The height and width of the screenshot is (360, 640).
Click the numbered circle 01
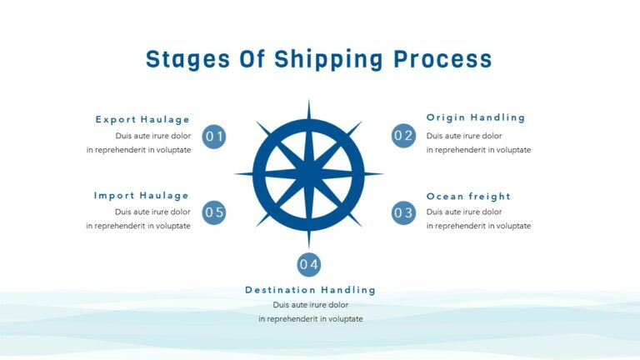tap(214, 137)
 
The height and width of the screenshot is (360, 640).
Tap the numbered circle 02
tap(403, 136)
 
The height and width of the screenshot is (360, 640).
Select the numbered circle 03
tap(403, 212)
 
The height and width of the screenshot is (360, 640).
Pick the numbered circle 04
tap(309, 264)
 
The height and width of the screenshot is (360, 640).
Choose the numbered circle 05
tap(214, 212)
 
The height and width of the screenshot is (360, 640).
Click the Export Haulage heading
tap(142, 119)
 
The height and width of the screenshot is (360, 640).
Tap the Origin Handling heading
tap(476, 117)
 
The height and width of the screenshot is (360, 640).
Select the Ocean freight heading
tap(468, 196)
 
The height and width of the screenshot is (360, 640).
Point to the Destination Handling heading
tap(310, 290)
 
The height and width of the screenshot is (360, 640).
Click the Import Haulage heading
tap(142, 196)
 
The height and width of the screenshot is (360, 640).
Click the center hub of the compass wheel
tap(309, 174)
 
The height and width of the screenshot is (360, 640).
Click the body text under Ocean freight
tap(478, 219)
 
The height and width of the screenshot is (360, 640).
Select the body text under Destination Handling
tap(310, 312)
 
